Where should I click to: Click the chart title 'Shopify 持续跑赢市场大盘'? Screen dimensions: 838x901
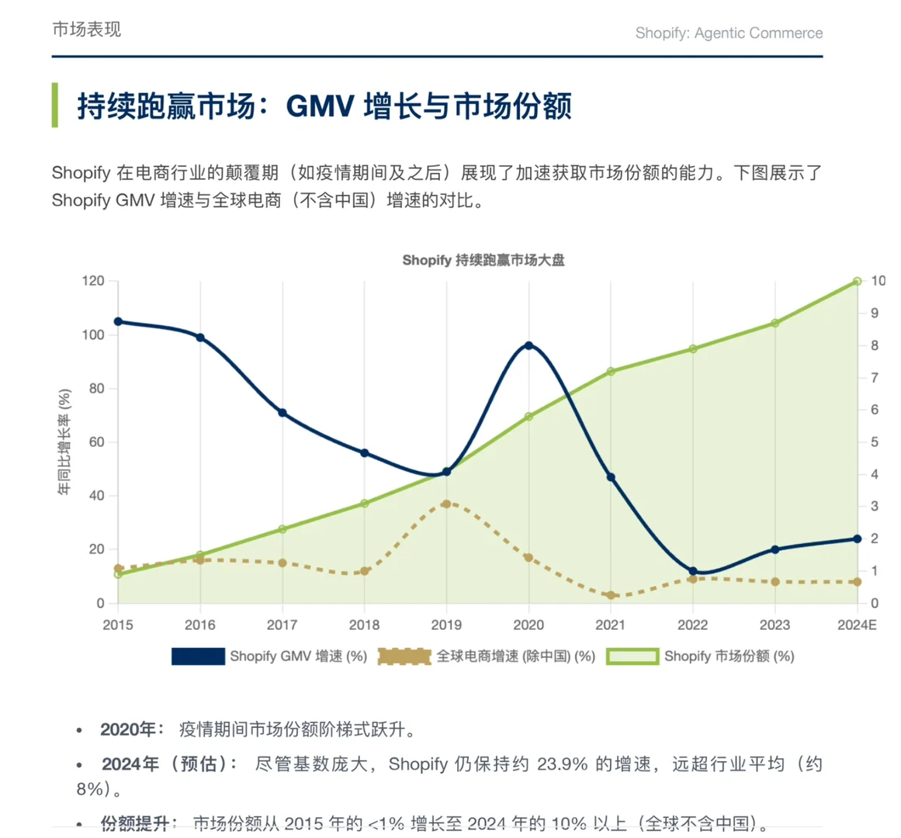point(483,260)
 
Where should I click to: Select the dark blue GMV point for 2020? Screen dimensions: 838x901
point(528,345)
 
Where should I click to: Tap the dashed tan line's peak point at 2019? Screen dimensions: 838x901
point(446,504)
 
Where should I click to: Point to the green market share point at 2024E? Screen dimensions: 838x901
point(857,281)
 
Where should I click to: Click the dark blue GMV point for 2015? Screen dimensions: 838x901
point(118,321)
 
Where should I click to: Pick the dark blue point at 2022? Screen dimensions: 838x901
point(693,571)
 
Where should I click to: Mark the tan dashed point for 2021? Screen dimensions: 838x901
point(611,595)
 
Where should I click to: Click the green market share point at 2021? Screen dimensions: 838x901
point(611,372)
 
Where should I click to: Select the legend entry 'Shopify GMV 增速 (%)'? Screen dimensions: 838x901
point(269,656)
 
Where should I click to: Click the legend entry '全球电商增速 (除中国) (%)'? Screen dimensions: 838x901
point(487,656)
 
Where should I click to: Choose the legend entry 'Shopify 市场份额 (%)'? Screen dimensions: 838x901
point(700,656)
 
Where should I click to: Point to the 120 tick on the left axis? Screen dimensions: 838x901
point(93,281)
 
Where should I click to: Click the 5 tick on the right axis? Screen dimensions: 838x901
point(875,442)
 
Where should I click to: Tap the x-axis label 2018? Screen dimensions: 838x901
point(364,625)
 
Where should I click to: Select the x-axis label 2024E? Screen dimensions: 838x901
point(857,625)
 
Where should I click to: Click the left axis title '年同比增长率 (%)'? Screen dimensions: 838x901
point(64,442)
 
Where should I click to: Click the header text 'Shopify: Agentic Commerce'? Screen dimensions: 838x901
point(729,33)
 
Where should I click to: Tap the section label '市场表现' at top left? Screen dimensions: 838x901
point(86,29)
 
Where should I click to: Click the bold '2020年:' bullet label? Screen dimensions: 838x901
point(132,730)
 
